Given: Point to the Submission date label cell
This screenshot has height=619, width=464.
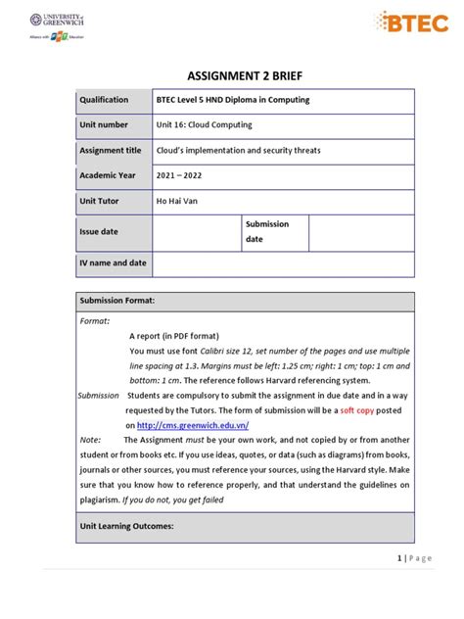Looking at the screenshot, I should pos(267,231).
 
